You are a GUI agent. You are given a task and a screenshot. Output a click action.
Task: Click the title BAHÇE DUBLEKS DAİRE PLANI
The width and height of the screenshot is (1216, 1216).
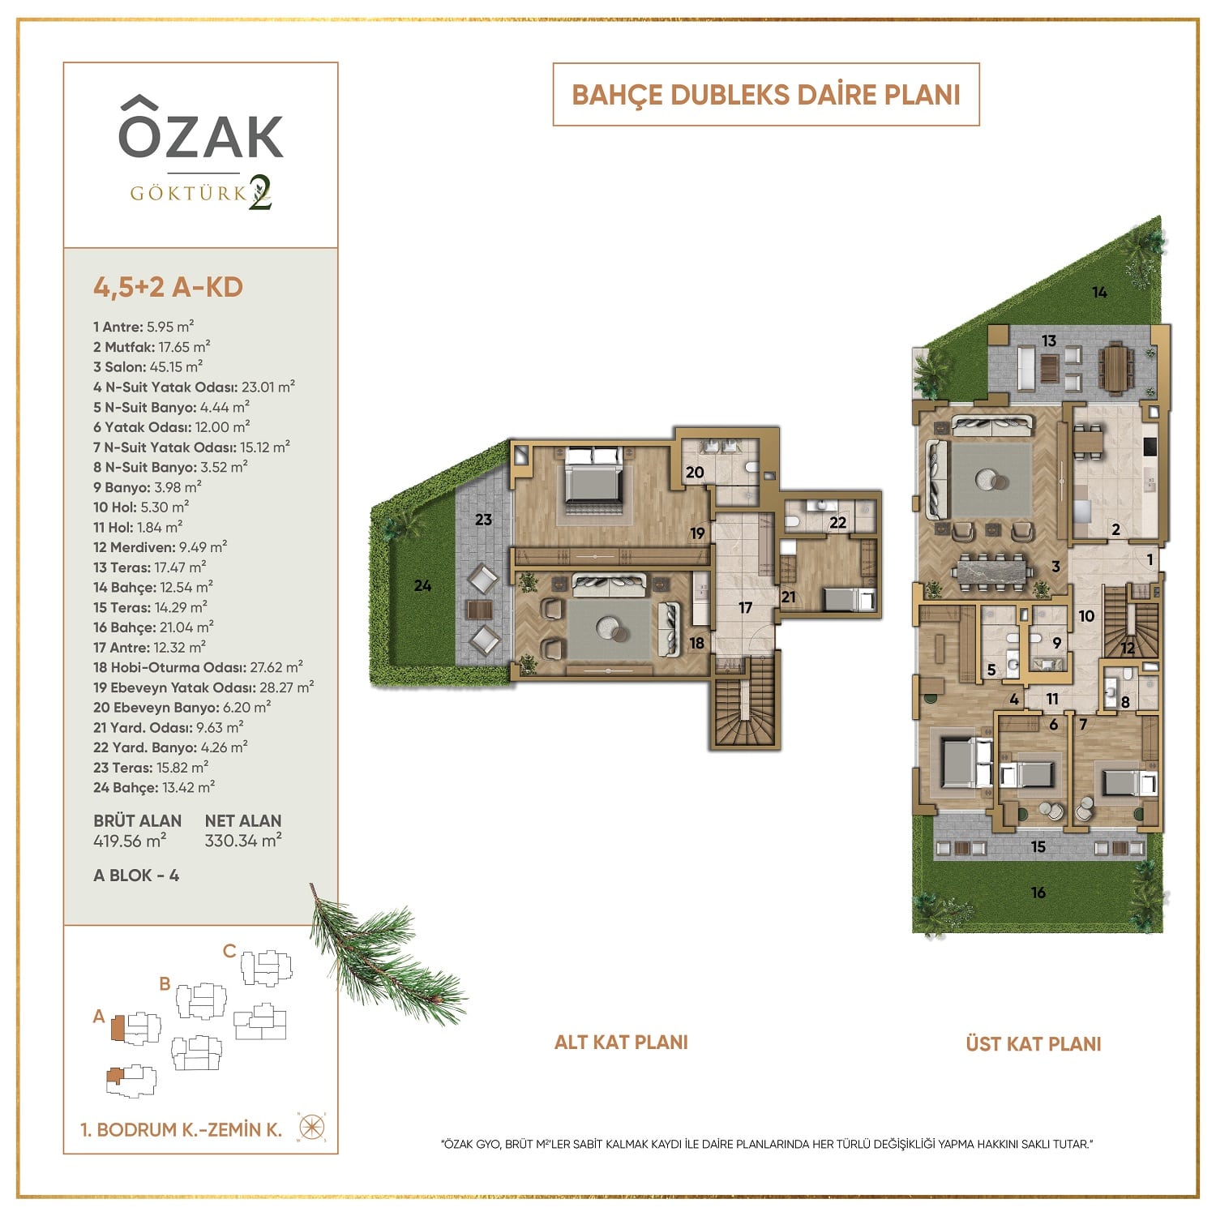click(x=766, y=95)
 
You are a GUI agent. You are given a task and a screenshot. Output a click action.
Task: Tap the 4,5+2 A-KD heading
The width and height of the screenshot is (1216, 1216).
click(x=168, y=287)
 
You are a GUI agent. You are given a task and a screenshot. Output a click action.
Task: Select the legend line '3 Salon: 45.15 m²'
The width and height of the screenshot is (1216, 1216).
click(x=148, y=366)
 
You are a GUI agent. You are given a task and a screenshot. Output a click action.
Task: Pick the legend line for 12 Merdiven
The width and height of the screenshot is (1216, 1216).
click(x=160, y=547)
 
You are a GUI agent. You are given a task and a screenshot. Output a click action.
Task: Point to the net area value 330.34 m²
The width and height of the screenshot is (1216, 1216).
click(x=243, y=841)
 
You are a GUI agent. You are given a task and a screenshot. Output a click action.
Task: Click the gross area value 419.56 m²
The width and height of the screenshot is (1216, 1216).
click(x=130, y=841)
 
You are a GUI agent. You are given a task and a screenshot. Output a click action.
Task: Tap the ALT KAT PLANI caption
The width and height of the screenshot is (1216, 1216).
click(x=621, y=1042)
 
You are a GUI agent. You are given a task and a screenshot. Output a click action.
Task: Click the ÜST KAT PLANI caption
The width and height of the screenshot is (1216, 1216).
click(x=1034, y=1043)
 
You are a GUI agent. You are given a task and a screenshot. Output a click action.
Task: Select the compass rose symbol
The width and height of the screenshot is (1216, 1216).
click(x=313, y=1128)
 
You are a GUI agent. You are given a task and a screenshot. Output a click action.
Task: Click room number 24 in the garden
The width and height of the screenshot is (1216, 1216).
click(x=422, y=585)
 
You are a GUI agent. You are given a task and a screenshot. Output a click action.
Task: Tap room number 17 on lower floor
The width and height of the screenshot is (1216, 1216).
click(x=745, y=607)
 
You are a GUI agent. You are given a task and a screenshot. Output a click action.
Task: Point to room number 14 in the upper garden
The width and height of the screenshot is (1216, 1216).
click(x=1099, y=292)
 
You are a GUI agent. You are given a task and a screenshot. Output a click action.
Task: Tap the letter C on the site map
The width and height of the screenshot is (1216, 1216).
click(x=229, y=951)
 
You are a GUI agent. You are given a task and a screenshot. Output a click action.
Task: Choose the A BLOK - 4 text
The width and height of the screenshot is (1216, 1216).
click(x=136, y=876)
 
